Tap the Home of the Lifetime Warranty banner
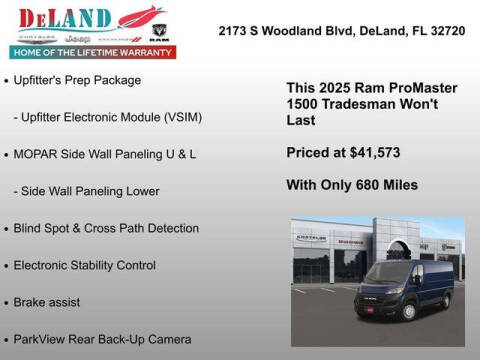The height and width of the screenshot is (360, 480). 91,51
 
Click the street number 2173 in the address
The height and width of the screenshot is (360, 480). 235,32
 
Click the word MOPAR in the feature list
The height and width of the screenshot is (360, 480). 37,154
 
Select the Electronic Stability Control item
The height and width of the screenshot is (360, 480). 85,265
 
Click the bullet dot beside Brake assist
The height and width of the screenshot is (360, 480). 7,302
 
